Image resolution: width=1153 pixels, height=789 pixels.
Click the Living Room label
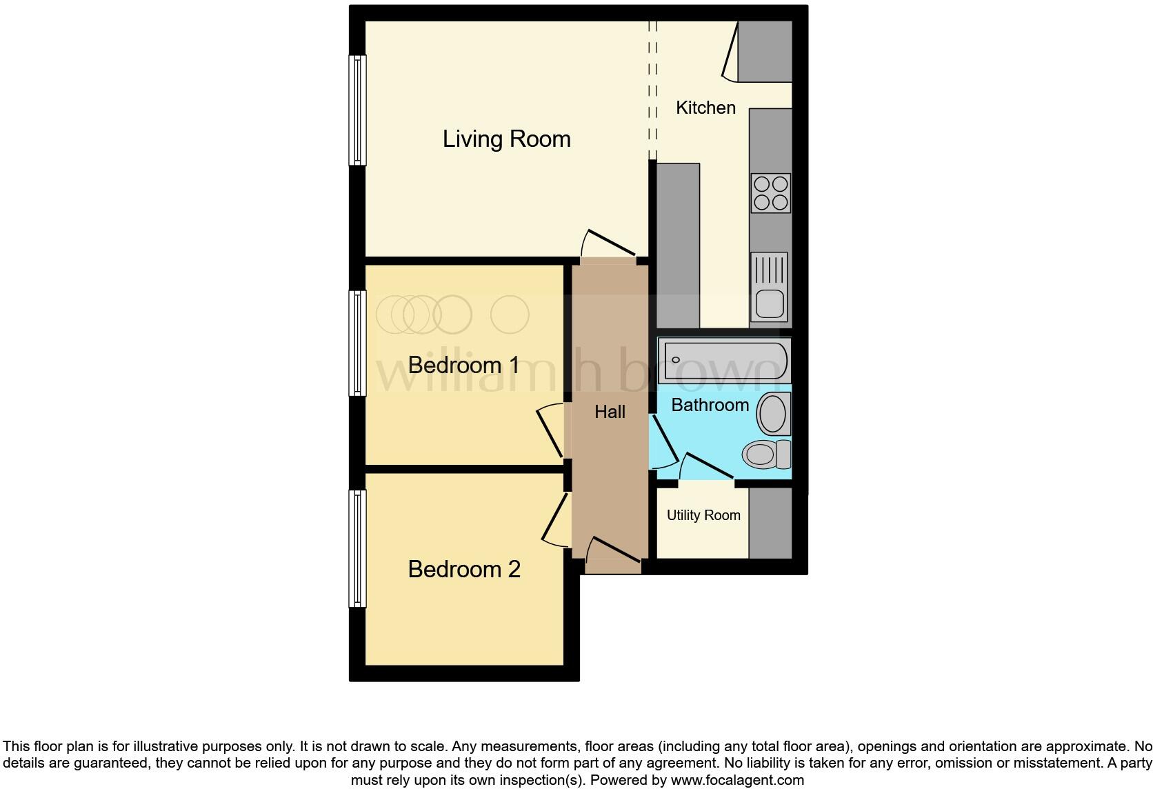pos(506,139)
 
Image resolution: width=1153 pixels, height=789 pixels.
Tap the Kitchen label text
pos(705,108)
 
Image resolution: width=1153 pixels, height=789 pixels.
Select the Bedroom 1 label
pos(463,365)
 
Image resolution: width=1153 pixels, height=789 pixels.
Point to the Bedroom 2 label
pos(463,569)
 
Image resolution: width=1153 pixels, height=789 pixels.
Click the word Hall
pos(610,412)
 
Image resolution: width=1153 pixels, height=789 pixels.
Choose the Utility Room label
pos(703,515)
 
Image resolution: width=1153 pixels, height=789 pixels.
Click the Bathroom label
pos(710,405)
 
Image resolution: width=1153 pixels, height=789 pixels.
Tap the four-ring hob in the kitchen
pos(770,193)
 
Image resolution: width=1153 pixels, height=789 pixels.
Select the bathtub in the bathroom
pos(723,360)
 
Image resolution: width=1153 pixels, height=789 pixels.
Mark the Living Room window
pos(357,110)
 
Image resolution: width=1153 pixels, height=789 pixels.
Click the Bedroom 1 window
pos(357,343)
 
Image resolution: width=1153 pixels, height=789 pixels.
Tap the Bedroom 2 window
pos(357,548)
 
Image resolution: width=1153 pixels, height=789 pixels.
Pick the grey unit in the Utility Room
pos(770,523)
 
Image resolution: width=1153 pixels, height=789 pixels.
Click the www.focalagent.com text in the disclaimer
pos(737,780)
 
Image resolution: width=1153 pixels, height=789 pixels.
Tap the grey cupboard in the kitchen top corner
pos(764,51)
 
